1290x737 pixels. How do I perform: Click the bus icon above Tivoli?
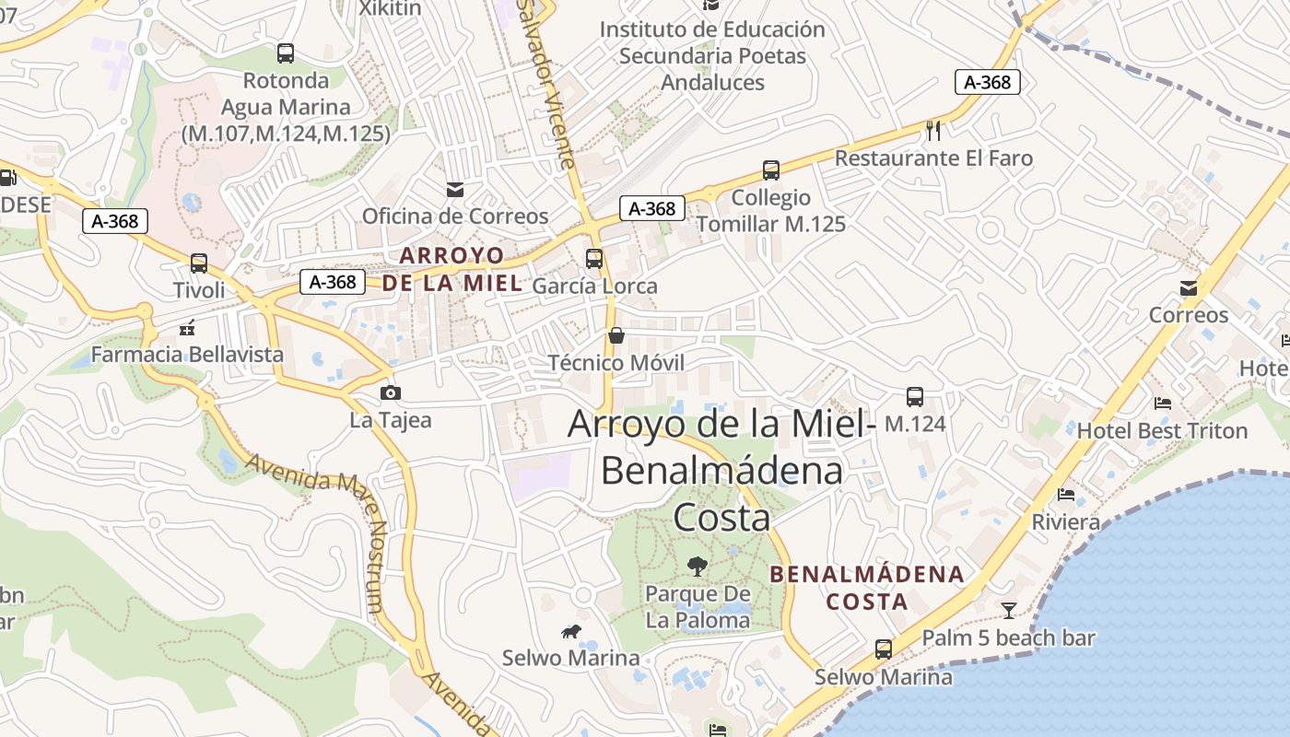pos(199,263)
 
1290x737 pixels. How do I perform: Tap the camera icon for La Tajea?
pos(391,393)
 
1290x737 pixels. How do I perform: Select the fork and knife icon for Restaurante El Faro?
pos(933,131)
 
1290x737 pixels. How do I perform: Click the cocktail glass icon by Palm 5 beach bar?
pos(1009,610)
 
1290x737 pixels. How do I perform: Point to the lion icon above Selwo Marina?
pos(571,631)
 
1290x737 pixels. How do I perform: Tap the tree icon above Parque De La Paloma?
pos(698,567)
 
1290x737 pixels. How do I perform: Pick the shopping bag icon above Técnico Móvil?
pos(616,335)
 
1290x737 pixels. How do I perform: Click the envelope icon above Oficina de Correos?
pos(455,190)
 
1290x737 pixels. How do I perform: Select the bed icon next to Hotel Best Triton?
pos(1163,404)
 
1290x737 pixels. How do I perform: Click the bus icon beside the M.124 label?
pos(915,397)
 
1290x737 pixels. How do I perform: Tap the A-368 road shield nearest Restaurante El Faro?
pos(988,82)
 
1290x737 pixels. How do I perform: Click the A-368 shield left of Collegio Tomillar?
pos(652,209)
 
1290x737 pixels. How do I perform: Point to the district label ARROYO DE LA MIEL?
pos(452,269)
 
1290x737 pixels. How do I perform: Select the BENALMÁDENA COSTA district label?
pos(867,588)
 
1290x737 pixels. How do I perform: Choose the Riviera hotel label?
pos(1066,522)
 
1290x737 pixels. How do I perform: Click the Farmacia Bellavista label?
pos(187,355)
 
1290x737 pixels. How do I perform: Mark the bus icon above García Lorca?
pos(594,259)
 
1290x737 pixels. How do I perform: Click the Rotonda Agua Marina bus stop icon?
pos(286,53)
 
